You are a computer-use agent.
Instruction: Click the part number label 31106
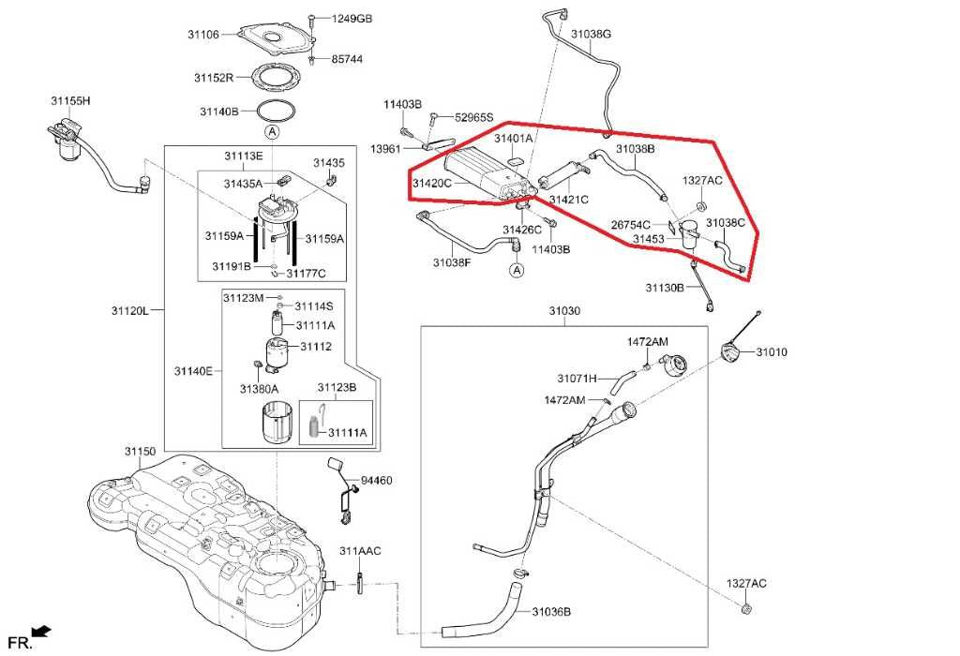pos(203,35)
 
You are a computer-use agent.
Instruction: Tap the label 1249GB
pos(352,19)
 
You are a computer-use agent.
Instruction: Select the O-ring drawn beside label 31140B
pos(276,111)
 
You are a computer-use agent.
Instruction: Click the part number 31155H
pos(70,100)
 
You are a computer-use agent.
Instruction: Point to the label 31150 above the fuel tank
pos(141,452)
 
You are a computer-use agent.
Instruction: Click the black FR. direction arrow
pos(41,632)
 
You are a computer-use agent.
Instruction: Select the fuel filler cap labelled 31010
pos(731,354)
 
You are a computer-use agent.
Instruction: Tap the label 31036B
pos(551,611)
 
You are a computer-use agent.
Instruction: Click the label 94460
pos(377,481)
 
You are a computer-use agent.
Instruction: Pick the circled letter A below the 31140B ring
pos(272,131)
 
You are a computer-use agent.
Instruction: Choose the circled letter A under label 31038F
pos(517,270)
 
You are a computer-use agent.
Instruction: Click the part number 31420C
pos(432,183)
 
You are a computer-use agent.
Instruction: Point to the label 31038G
pos(592,35)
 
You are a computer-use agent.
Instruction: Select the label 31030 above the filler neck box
pos(564,311)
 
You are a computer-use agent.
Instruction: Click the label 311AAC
pos(360,551)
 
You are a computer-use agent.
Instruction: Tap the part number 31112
pos(316,347)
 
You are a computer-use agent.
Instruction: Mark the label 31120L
pos(129,311)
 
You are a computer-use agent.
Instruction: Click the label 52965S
pos(473,117)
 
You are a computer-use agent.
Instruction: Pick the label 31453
pos(649,239)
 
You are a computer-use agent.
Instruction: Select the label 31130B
pos(665,288)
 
